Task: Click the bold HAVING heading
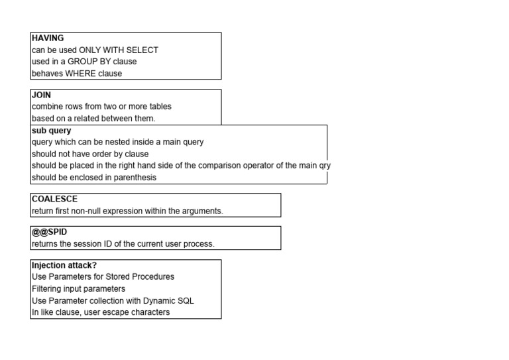pos(48,38)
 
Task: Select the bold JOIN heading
pos(41,95)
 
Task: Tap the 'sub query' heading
pos(51,131)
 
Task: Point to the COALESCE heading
pos(54,199)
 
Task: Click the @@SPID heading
pos(49,232)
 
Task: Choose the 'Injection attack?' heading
pos(64,265)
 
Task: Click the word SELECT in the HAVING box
pos(142,50)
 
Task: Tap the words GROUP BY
pos(89,62)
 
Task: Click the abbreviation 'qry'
pos(325,166)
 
